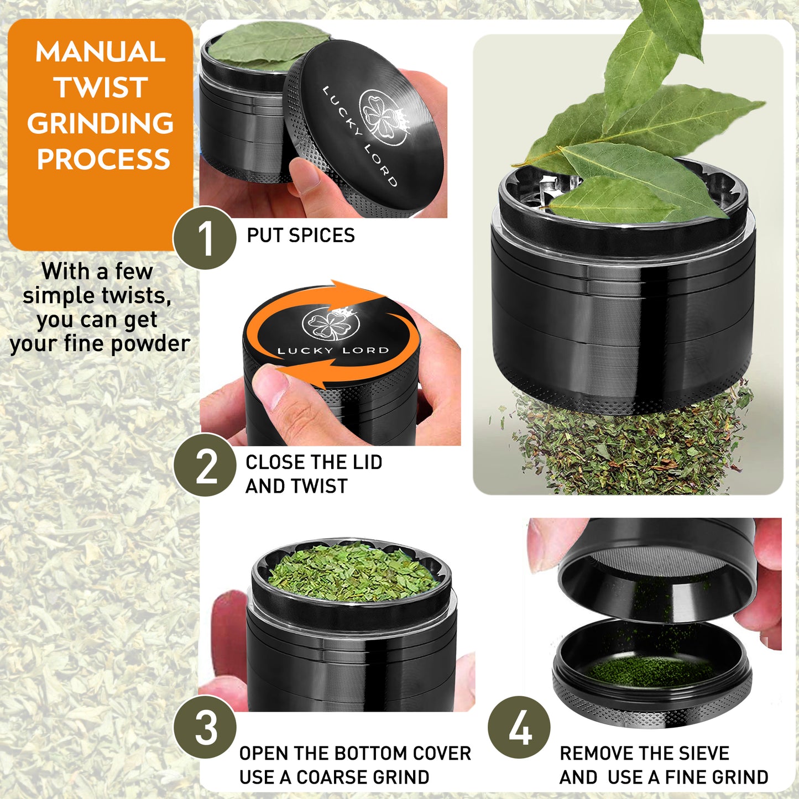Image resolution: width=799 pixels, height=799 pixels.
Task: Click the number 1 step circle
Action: coord(205,238)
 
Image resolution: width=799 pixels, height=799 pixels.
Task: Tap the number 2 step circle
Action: coord(205,465)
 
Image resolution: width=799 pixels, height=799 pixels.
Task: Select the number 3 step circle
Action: coord(205,727)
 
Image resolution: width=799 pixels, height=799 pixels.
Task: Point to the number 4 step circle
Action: coord(519,727)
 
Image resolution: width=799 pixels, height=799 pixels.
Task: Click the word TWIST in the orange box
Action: coord(101,88)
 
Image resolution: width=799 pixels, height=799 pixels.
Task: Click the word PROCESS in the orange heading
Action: coord(103,160)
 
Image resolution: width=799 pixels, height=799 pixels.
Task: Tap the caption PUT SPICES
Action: coord(300,236)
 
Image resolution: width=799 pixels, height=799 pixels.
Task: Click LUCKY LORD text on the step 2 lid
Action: coord(333,351)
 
